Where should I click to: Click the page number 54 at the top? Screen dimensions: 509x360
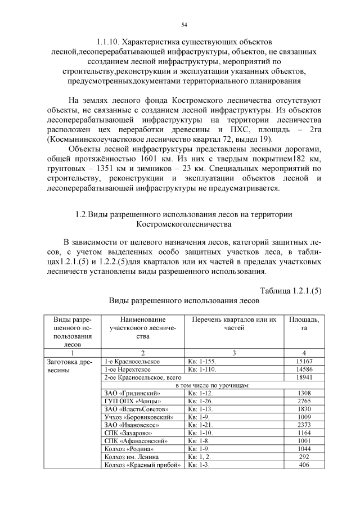[184, 25]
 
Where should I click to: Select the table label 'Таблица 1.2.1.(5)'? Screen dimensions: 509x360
[291, 290]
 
